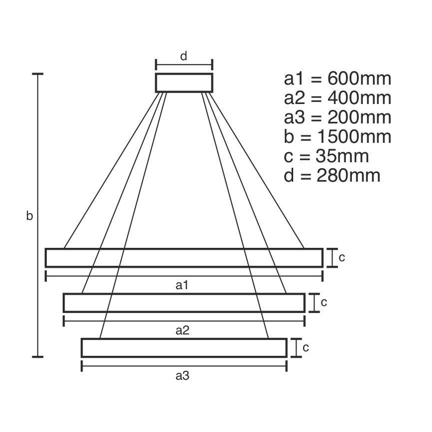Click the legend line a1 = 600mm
[x=337, y=79]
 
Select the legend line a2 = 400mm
[x=337, y=98]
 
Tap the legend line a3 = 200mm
[x=337, y=117]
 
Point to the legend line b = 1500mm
[x=337, y=137]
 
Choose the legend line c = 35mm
[x=326, y=156]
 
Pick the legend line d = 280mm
[x=332, y=176]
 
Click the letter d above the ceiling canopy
[x=184, y=56]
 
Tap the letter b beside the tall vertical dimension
[x=30, y=216]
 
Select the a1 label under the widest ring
[x=183, y=285]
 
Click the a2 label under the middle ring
[x=183, y=330]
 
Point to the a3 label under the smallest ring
[x=183, y=376]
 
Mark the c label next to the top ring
[x=342, y=257]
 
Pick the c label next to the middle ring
[x=324, y=302]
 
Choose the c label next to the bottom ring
[x=306, y=347]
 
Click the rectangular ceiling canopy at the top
[x=184, y=83]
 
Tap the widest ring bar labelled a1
[x=184, y=257]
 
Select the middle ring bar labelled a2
[x=184, y=303]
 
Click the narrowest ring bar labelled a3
[x=184, y=348]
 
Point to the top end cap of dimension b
[x=38, y=74]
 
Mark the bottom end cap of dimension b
[x=38, y=356]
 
